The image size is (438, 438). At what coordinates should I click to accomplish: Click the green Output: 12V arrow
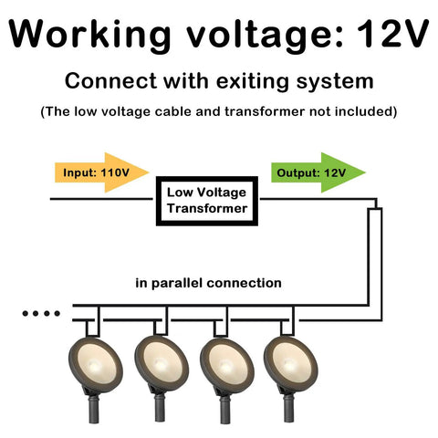tap(318, 172)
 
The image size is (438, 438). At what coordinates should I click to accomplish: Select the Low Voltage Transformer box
tap(207, 201)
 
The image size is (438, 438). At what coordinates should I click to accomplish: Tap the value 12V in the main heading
tap(392, 33)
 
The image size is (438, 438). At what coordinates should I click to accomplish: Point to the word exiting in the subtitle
tap(252, 81)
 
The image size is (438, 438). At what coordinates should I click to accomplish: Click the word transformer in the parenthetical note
tap(265, 111)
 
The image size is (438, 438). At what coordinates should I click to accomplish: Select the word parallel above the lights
tap(176, 284)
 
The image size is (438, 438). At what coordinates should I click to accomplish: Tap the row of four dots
tap(41, 313)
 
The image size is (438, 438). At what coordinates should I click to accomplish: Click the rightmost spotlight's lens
tap(291, 361)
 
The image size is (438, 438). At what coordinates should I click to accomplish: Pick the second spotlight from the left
tap(162, 377)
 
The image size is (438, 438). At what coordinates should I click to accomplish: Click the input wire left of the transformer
tap(101, 199)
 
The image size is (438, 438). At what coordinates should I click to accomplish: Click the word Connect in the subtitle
tap(110, 81)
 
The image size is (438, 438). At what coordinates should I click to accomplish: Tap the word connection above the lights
tap(244, 283)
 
